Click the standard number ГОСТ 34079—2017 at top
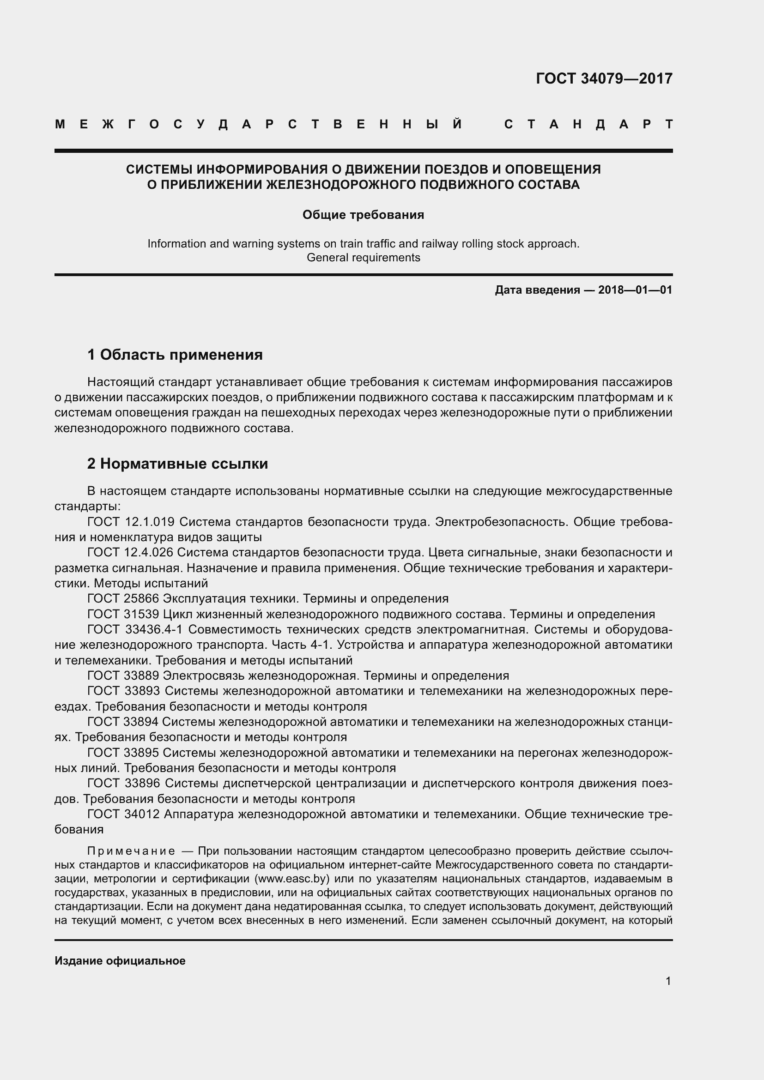(x=604, y=78)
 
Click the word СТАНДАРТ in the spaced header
(x=588, y=124)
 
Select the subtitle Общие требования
(x=363, y=215)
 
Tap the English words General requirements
(x=363, y=258)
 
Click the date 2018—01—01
(x=635, y=290)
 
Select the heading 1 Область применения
(x=175, y=355)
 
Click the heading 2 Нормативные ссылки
(x=177, y=464)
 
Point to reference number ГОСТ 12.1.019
(x=131, y=522)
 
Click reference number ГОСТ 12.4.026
(x=130, y=552)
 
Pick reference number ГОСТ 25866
(x=124, y=598)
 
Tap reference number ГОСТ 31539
(x=124, y=614)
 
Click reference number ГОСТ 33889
(x=124, y=676)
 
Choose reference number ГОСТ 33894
(x=124, y=722)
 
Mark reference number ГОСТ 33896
(x=124, y=783)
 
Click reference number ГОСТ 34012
(x=124, y=814)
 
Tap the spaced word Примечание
(x=131, y=851)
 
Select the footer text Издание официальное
(x=120, y=961)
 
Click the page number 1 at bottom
(x=668, y=981)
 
